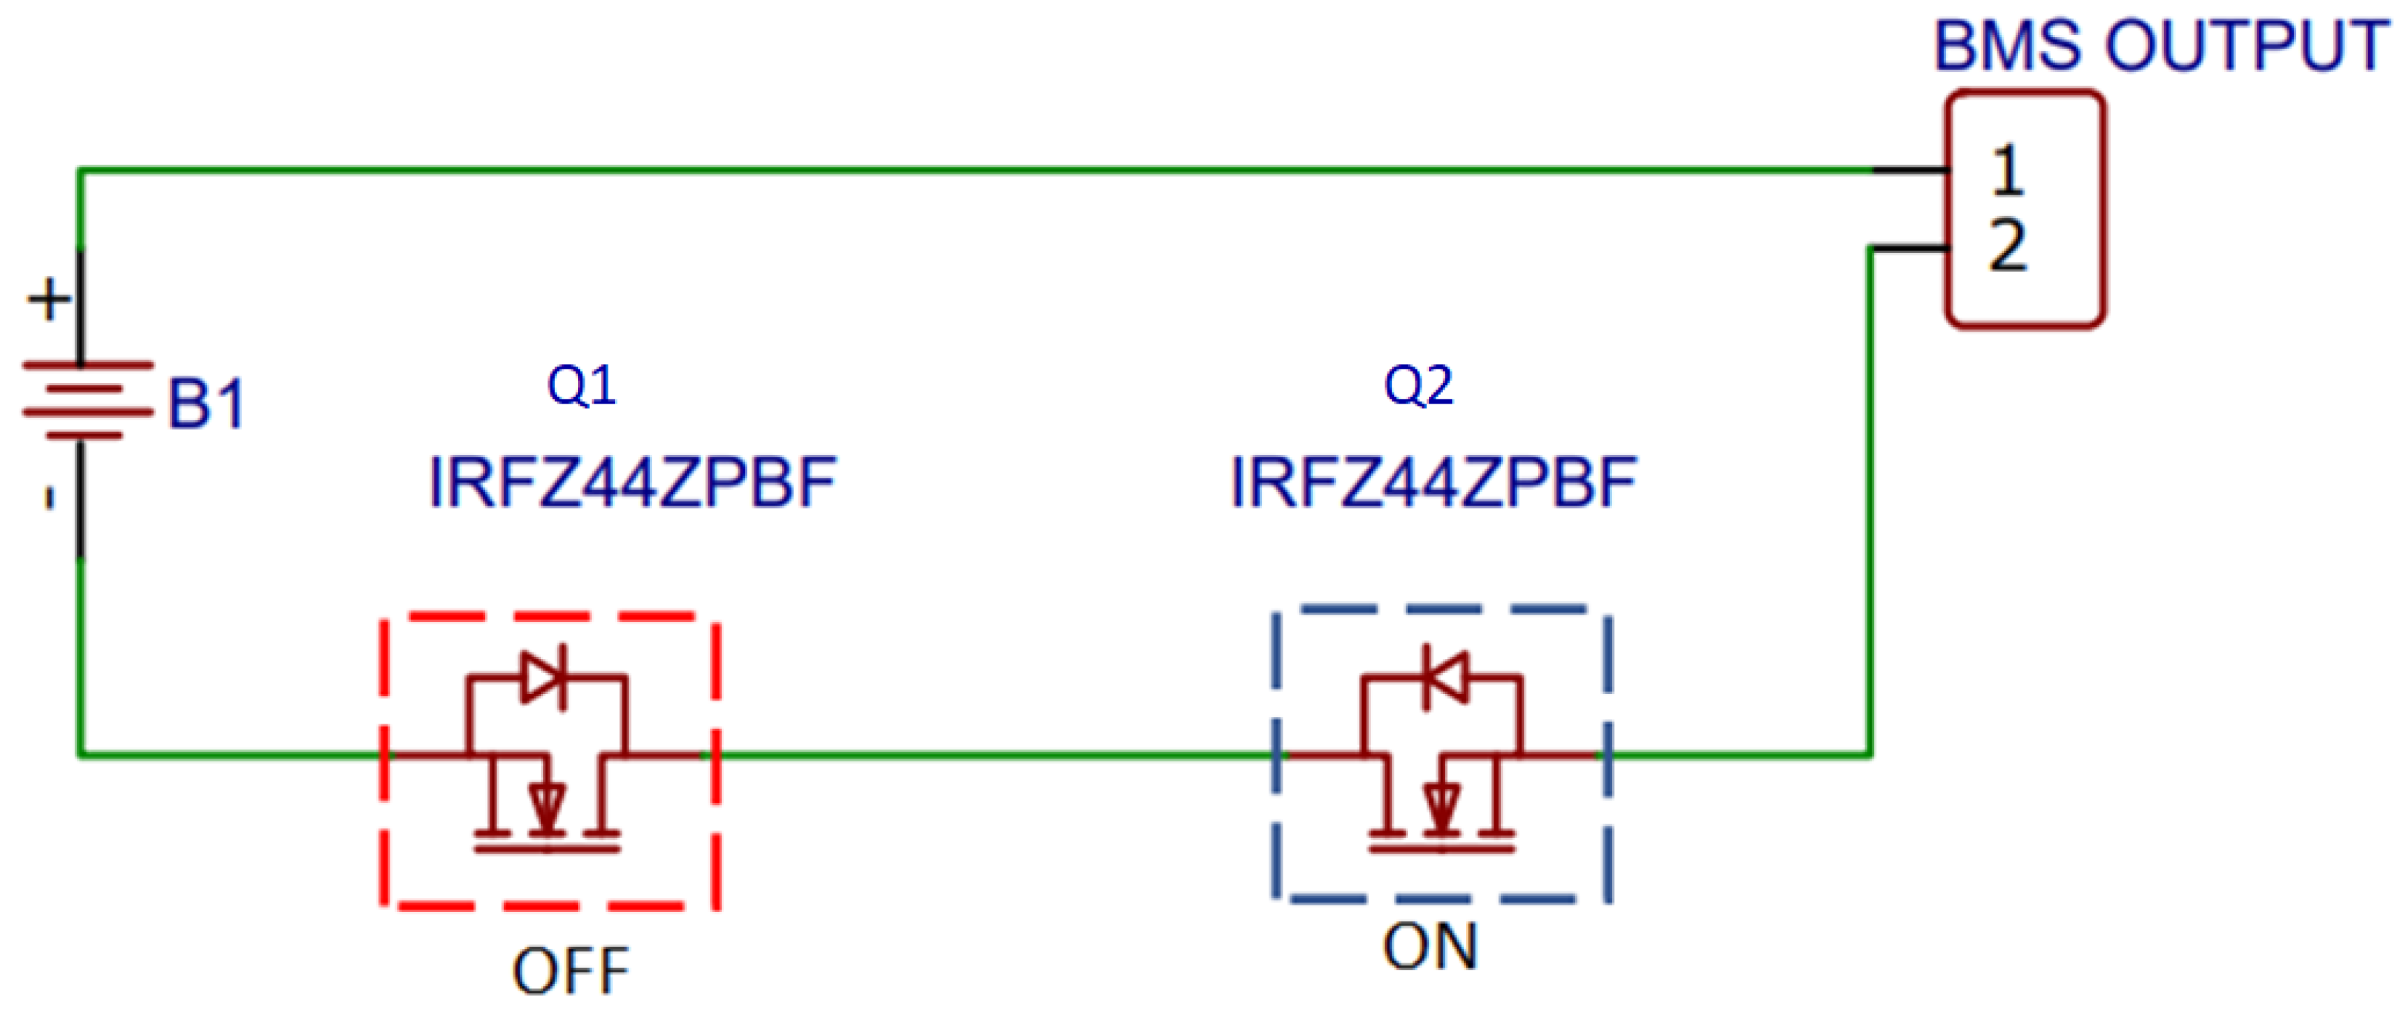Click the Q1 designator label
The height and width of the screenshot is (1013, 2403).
581,385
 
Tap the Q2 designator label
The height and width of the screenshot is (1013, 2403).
1418,385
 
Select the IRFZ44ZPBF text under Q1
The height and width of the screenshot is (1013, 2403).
633,482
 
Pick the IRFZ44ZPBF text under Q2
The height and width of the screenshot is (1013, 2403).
1434,482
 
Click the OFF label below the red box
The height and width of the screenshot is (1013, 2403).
571,971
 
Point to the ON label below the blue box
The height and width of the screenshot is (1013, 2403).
1430,946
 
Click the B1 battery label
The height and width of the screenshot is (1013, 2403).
206,404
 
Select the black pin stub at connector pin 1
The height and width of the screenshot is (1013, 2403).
1910,171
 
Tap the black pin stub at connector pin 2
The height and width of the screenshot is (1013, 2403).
1910,248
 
